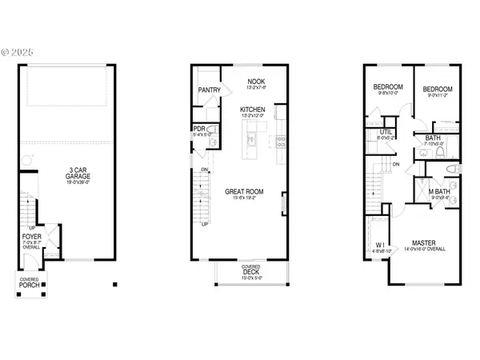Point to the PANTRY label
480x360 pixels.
coord(210,90)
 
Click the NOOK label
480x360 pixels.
coord(255,82)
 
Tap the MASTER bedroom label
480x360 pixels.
coord(423,242)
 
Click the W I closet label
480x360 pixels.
coord(380,245)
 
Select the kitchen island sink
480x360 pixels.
coord(249,141)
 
